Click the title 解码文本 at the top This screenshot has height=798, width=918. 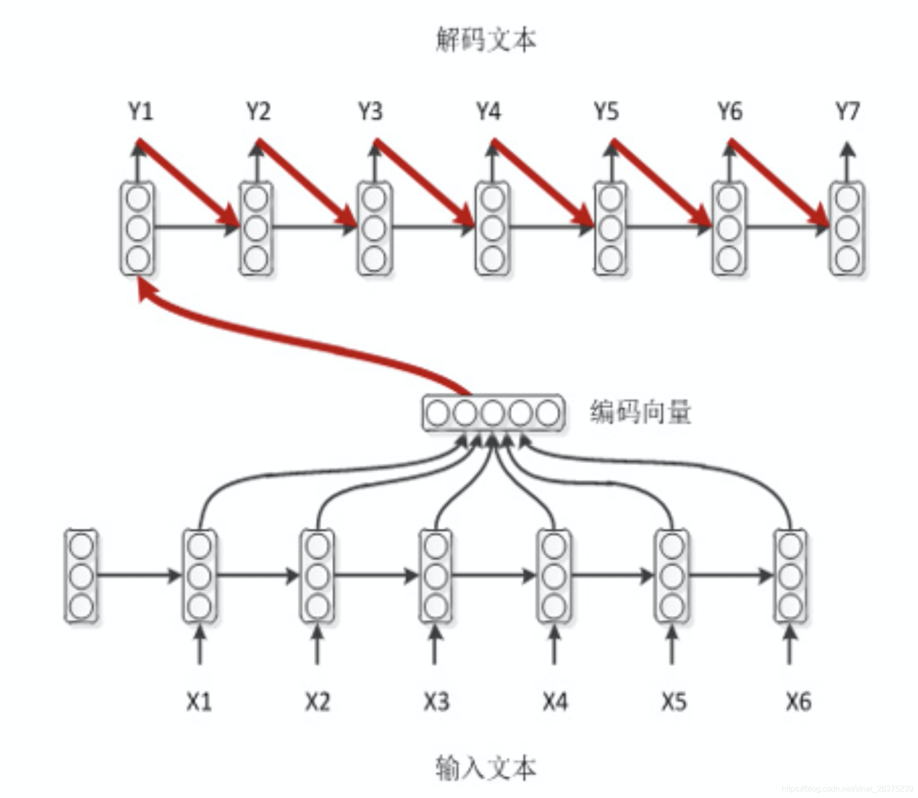pyautogui.click(x=485, y=40)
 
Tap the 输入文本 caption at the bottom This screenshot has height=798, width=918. pyautogui.click(x=485, y=768)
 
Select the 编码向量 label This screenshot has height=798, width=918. pyautogui.click(x=640, y=412)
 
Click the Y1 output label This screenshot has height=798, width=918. pyautogui.click(x=140, y=111)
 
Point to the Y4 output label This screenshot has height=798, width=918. pyautogui.click(x=488, y=111)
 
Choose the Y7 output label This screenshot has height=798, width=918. pyautogui.click(x=847, y=111)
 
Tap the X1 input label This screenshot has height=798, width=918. pyautogui.click(x=199, y=702)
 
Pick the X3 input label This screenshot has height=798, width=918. pyautogui.click(x=436, y=702)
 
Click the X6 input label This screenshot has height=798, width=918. pyautogui.click(x=798, y=702)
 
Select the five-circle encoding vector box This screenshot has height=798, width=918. pyautogui.click(x=492, y=413)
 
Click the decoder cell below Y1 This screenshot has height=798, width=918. pyautogui.click(x=137, y=229)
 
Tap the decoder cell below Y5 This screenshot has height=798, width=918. pyautogui.click(x=610, y=229)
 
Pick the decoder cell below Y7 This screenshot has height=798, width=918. pyautogui.click(x=847, y=229)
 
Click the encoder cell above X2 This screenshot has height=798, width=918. pyautogui.click(x=317, y=575)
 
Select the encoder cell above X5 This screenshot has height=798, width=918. pyautogui.click(x=672, y=575)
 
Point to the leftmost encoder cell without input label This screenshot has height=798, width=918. pyautogui.click(x=81, y=575)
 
